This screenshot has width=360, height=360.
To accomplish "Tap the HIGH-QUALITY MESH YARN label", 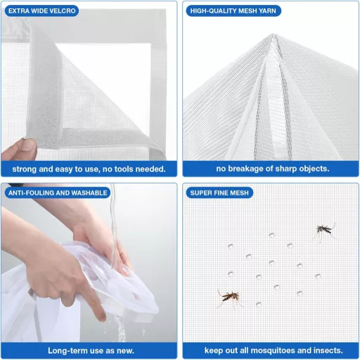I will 232,11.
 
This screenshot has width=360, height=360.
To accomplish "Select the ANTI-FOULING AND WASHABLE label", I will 58,193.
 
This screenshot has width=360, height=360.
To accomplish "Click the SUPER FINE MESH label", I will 221,193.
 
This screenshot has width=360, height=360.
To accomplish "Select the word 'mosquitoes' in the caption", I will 276,350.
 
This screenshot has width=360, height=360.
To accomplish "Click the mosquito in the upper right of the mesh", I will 324,230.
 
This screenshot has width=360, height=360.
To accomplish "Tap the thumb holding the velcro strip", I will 27,149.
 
